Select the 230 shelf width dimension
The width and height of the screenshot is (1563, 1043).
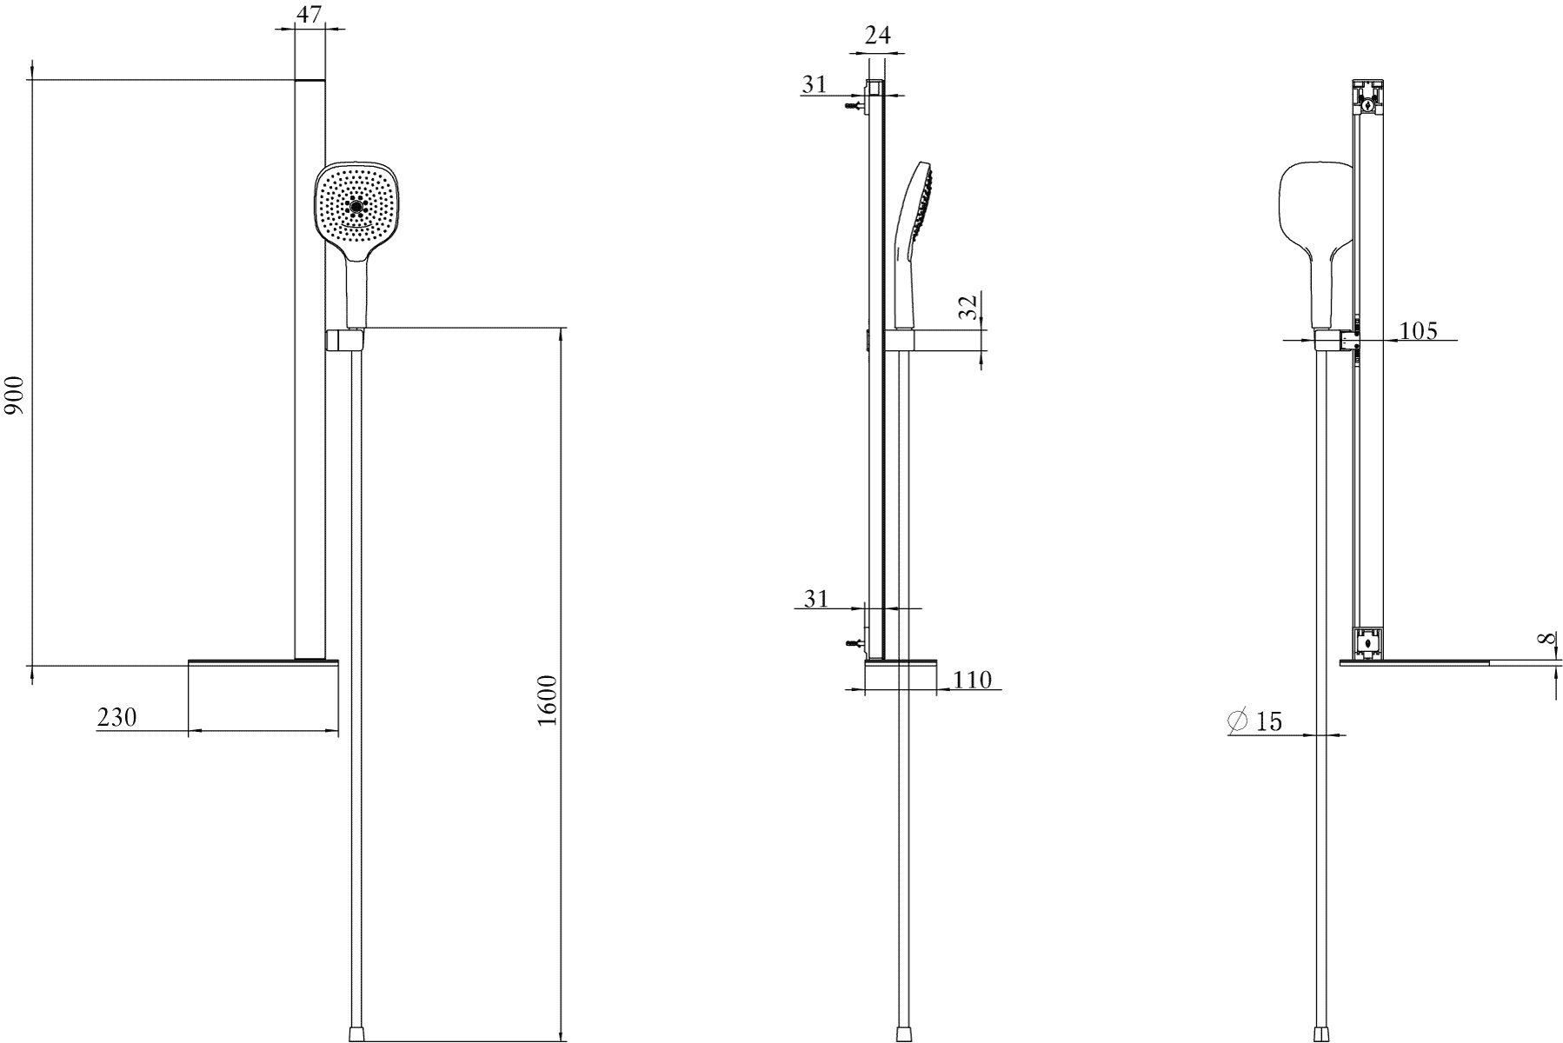(116, 718)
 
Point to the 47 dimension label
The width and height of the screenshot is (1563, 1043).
(309, 15)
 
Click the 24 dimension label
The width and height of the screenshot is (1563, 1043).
(878, 36)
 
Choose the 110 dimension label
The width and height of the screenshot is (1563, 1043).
(972, 680)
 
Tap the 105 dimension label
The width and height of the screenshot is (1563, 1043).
(1419, 331)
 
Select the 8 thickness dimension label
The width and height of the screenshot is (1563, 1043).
(1546, 639)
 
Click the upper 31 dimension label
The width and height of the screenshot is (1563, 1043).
(815, 84)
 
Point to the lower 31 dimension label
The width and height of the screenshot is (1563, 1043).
(815, 598)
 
